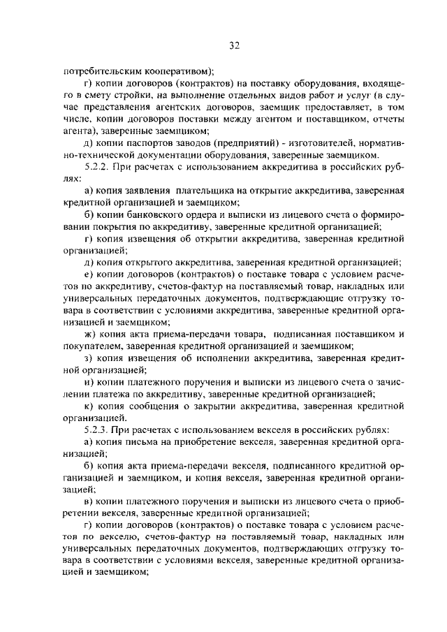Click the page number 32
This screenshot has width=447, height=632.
tap(234, 46)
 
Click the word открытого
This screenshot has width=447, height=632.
tap(152, 262)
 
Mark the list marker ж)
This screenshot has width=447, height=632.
tap(87, 334)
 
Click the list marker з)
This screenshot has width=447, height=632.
tap(87, 358)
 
